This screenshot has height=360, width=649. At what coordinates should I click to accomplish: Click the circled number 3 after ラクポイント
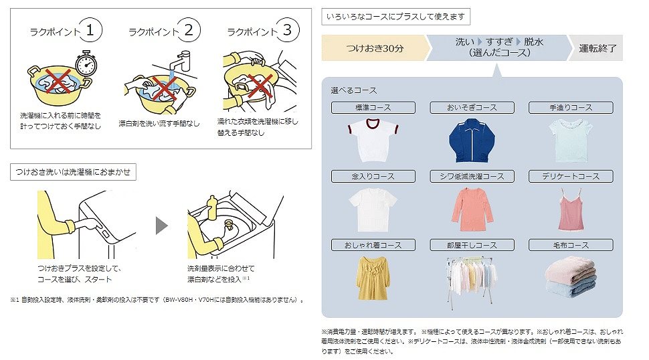[286, 30]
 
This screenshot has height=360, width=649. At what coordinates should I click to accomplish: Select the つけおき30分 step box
[374, 48]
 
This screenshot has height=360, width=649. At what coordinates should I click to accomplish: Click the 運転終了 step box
[596, 48]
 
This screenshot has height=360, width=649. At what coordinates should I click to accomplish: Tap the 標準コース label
[373, 108]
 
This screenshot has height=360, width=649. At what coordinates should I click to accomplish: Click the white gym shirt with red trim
[373, 140]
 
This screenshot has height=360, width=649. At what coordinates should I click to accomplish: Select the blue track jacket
[472, 140]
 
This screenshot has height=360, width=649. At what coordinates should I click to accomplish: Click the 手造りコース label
[571, 108]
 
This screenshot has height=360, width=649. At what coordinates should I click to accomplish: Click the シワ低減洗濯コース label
[472, 177]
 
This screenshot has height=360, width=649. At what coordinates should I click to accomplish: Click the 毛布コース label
[571, 246]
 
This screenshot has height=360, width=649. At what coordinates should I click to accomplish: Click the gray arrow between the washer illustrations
[161, 226]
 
